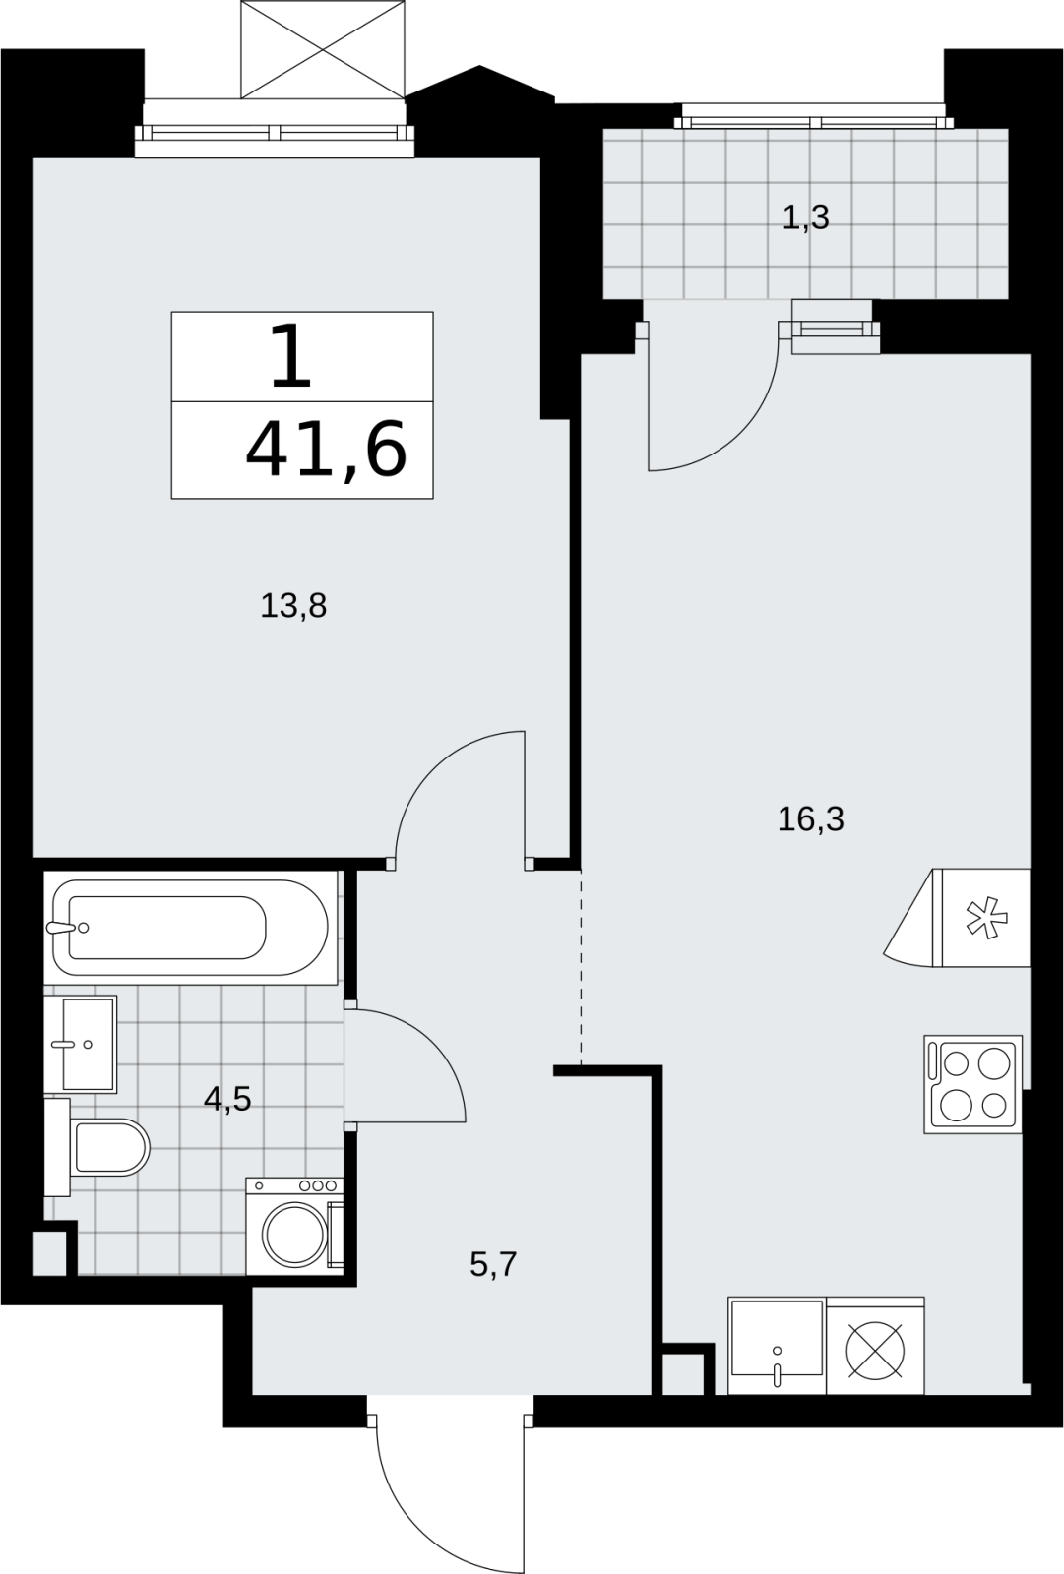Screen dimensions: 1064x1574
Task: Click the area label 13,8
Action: (293, 605)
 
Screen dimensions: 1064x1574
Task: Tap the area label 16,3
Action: (810, 818)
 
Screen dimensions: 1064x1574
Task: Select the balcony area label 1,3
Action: (806, 217)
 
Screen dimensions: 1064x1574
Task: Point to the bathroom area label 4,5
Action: (227, 1098)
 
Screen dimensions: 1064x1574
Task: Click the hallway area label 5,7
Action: (493, 1264)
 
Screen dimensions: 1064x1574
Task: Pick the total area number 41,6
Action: (327, 448)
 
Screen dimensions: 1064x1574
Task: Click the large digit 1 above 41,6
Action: (290, 357)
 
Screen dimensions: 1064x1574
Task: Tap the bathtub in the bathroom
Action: (191, 927)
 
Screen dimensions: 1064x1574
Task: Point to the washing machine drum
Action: (294, 1235)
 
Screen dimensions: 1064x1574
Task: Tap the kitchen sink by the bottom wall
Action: (777, 1345)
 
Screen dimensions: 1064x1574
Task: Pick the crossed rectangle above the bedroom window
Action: (323, 49)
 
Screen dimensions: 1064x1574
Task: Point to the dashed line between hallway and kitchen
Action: (581, 968)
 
